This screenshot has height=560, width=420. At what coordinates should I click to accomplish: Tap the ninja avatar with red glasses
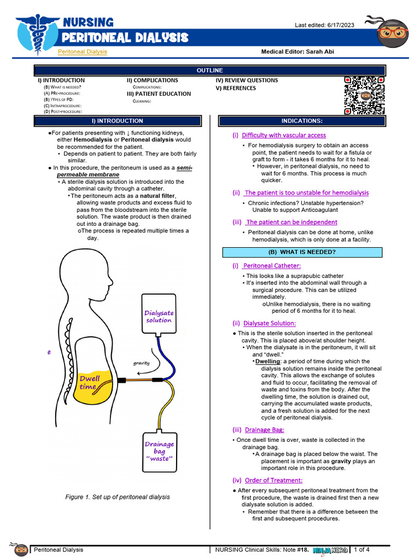tap(393, 34)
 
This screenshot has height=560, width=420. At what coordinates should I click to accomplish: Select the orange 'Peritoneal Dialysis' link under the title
tap(83, 51)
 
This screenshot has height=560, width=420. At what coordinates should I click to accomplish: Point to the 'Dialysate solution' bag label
tap(159, 317)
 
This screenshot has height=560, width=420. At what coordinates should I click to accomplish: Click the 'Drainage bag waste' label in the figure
tap(159, 451)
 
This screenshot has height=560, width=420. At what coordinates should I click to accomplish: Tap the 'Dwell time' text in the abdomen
tap(90, 382)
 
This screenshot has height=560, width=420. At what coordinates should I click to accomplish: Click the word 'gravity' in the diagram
tap(141, 363)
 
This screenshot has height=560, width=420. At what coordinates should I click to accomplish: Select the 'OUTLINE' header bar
tap(209, 71)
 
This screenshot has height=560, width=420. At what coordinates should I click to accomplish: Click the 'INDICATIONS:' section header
tap(302, 121)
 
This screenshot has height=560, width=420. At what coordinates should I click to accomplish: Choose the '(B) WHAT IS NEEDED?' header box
tap(302, 252)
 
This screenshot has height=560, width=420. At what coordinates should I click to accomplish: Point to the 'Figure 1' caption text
tap(117, 497)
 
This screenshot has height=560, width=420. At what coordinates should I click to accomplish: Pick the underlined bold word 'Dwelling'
tap(267, 361)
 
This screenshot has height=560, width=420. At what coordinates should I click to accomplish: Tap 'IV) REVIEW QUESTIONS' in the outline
tap(247, 80)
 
